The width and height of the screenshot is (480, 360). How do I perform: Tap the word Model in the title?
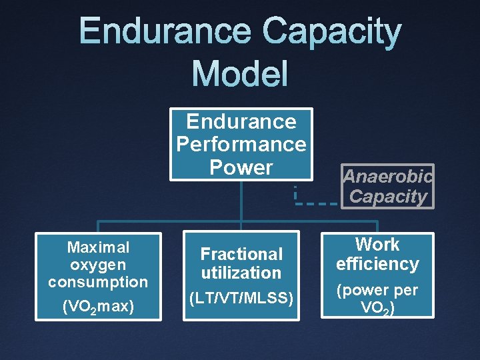point(240,73)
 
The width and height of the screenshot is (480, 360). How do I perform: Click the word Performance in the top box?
point(241,144)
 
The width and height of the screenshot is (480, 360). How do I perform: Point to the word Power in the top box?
point(241,167)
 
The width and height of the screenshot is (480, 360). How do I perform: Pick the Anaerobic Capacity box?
point(388,187)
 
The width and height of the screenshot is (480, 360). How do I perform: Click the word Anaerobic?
point(388,176)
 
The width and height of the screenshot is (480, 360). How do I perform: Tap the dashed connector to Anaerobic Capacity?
point(316,202)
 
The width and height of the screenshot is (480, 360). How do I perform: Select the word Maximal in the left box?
point(98,247)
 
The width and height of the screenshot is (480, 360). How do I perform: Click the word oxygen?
point(98,265)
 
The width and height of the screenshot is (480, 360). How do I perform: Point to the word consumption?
point(98,282)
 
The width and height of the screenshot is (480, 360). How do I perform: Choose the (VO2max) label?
point(98,307)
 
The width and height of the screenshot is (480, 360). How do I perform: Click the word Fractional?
point(241,254)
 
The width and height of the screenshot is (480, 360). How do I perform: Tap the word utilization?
point(241,273)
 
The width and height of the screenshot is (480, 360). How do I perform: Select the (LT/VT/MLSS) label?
point(241,298)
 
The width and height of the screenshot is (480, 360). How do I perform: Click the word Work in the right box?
point(377,245)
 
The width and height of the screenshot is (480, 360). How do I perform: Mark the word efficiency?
point(377,264)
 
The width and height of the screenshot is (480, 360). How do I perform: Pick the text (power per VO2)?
point(377,299)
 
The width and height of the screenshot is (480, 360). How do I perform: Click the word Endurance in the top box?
point(241,121)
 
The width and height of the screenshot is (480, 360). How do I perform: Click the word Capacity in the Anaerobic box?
point(388,197)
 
